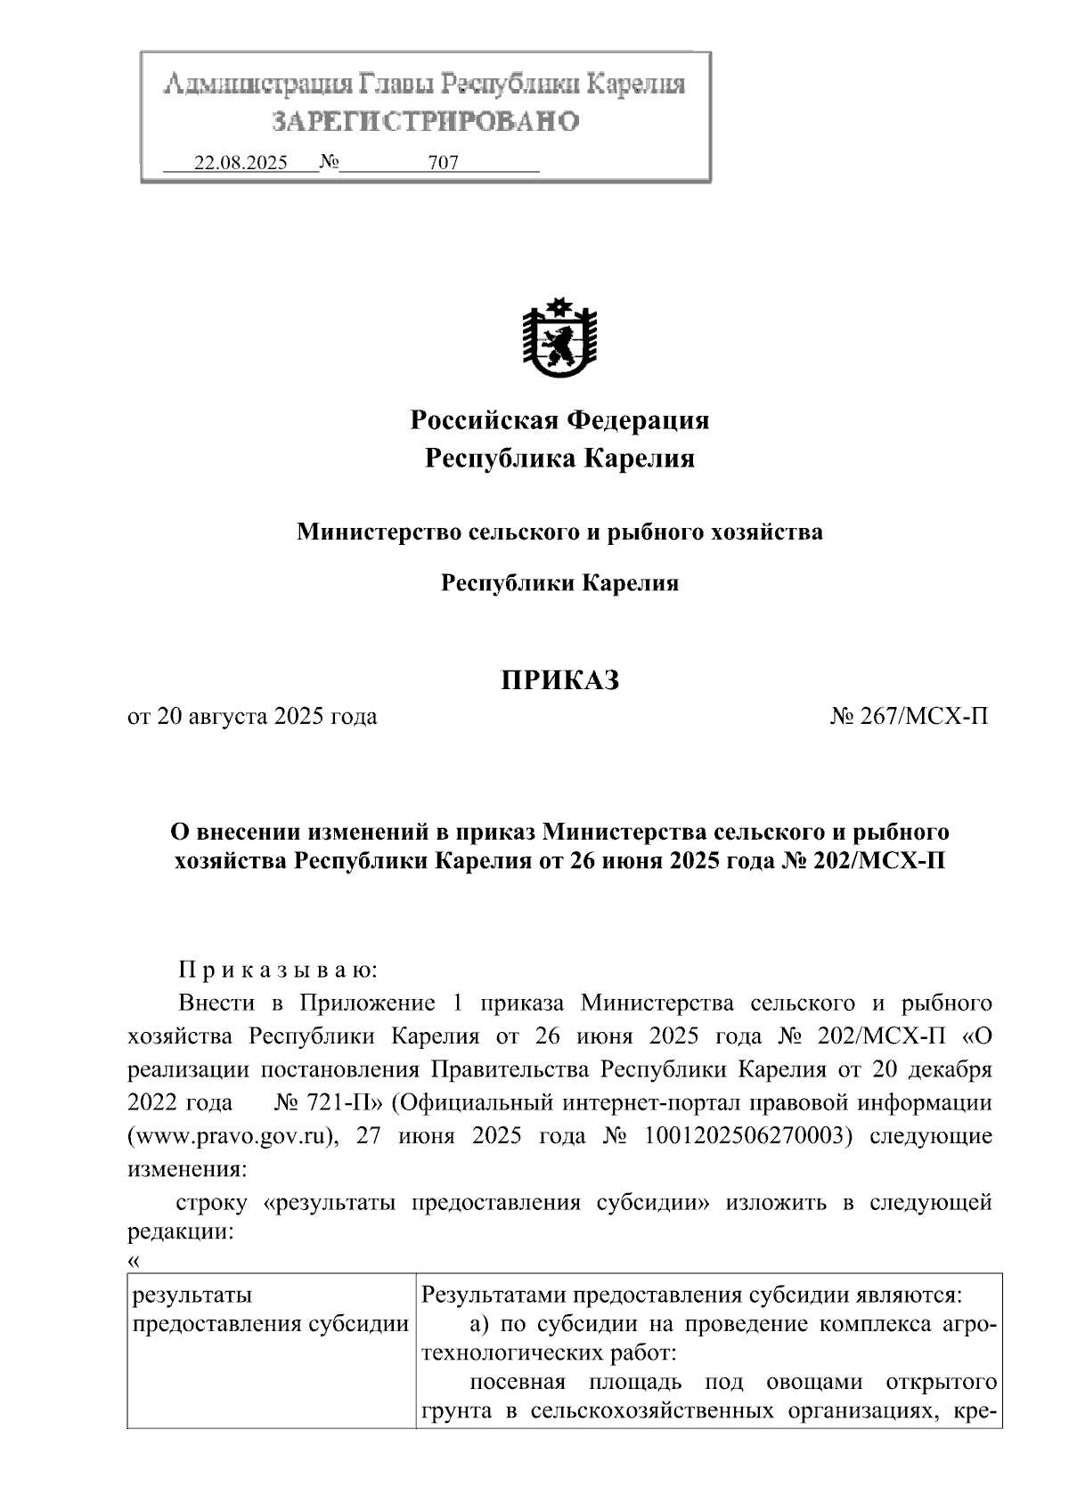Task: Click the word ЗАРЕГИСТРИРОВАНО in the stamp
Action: click(x=425, y=121)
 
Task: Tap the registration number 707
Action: click(x=443, y=163)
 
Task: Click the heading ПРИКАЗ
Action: click(x=559, y=681)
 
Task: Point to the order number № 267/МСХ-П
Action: click(x=909, y=717)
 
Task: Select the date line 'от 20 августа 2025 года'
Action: click(x=252, y=717)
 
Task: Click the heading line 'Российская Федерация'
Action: click(x=559, y=419)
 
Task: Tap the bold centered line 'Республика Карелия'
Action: click(x=559, y=459)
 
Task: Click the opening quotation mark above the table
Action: click(x=135, y=1260)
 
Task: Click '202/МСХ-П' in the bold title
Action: click(x=887, y=862)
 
